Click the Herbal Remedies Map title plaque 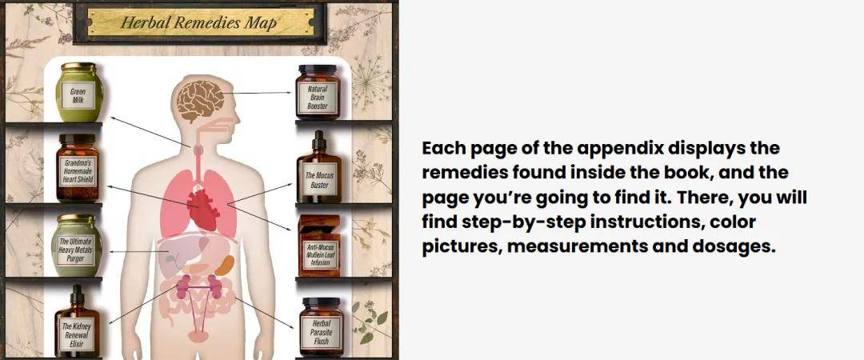(200, 22)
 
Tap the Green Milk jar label (78, 95)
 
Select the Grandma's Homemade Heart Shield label (78, 171)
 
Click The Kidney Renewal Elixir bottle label (77, 334)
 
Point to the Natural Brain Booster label (318, 97)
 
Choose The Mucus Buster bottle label (319, 180)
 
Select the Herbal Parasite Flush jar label (322, 332)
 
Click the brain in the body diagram (200, 101)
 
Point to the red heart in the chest (201, 210)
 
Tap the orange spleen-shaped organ (224, 266)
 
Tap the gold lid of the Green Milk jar (78, 66)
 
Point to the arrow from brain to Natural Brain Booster (258, 93)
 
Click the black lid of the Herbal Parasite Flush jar (322, 302)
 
